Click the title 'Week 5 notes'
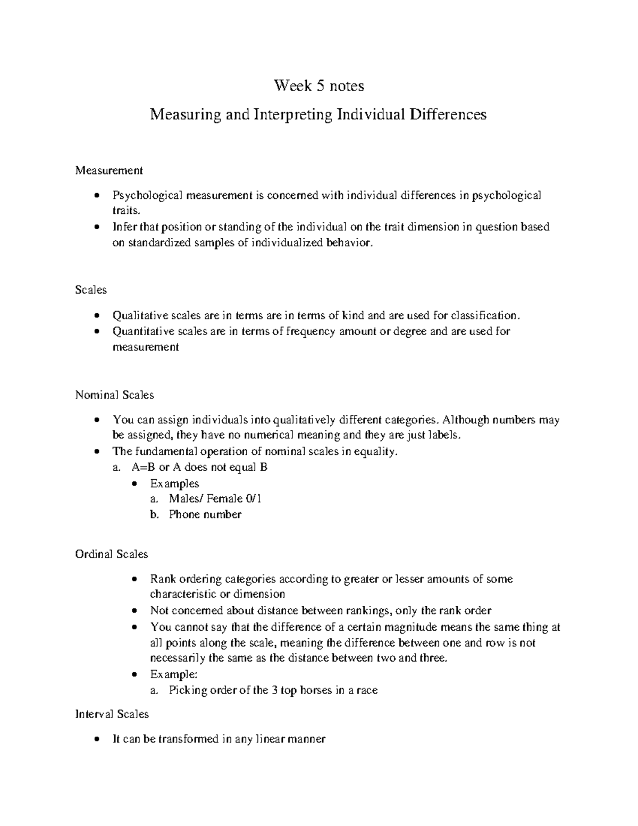(x=318, y=86)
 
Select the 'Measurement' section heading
(x=109, y=171)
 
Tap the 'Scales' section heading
(x=91, y=290)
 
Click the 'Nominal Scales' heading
(x=114, y=395)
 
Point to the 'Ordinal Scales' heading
(x=111, y=554)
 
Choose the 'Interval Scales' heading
(x=112, y=714)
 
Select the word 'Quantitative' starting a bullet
(x=143, y=331)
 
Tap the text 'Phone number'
(x=205, y=514)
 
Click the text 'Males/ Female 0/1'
(x=215, y=499)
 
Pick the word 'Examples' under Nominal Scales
(x=174, y=483)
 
